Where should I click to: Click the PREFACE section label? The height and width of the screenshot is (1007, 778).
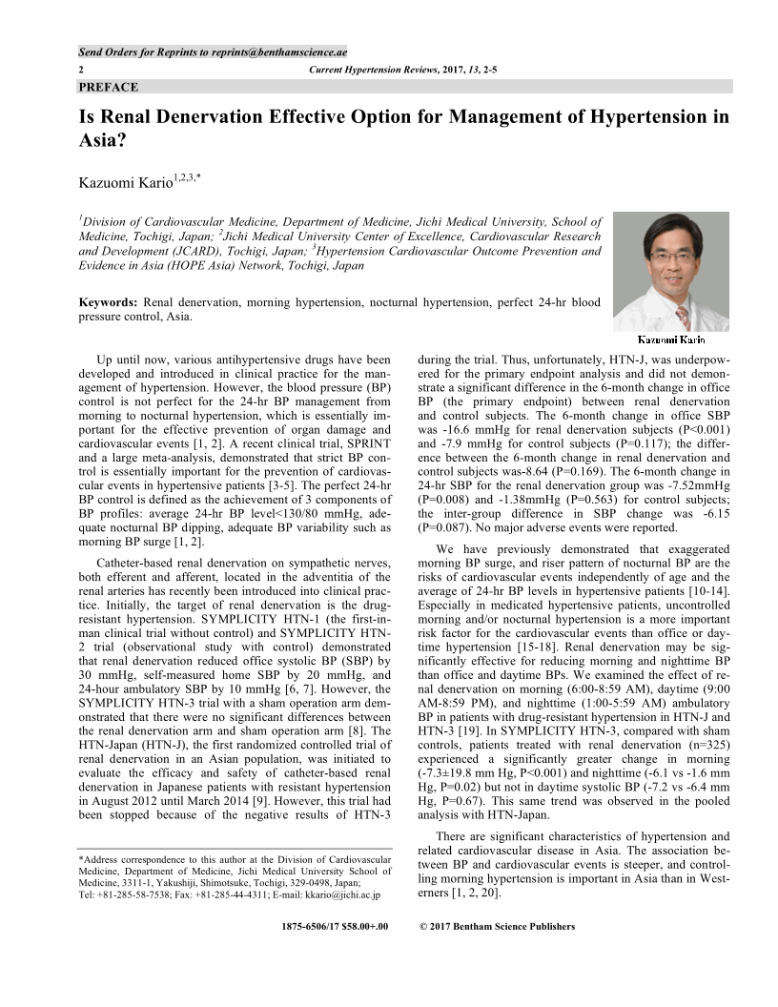click(x=109, y=88)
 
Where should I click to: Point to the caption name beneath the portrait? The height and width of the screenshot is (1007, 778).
click(x=671, y=339)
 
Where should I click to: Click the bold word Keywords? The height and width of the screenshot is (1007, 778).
click(x=108, y=303)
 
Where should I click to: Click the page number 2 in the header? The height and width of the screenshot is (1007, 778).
click(x=81, y=71)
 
